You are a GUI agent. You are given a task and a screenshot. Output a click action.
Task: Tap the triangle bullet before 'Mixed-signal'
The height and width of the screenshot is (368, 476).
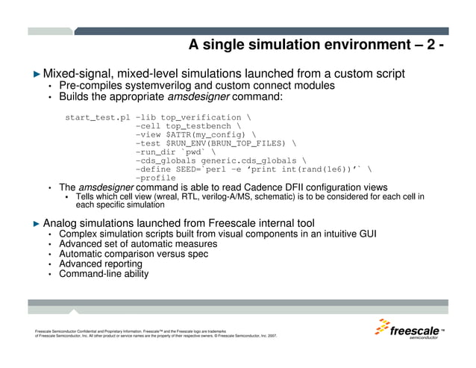click(37, 74)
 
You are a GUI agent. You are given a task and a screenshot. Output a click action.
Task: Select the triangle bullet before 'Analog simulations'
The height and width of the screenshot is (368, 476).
click(37, 223)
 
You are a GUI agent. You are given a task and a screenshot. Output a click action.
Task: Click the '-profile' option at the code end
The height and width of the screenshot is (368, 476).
click(155, 178)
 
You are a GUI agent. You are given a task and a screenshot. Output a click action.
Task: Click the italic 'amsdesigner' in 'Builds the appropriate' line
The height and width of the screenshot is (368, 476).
click(197, 97)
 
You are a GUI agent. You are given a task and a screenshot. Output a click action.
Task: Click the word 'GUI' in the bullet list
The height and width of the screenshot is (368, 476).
click(365, 234)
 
